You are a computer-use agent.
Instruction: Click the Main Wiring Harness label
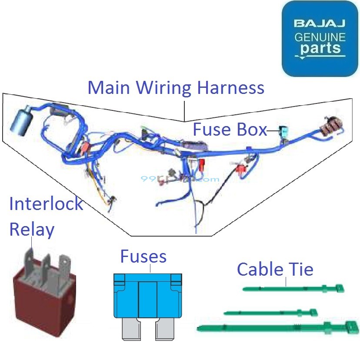[176, 87]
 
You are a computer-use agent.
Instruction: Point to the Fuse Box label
[230, 130]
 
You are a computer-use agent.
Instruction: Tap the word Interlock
[46, 203]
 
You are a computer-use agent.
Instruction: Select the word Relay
[32, 229]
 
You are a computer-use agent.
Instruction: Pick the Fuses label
[143, 257]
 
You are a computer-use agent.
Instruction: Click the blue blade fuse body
[148, 296]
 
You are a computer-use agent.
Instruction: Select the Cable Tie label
[275, 270]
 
